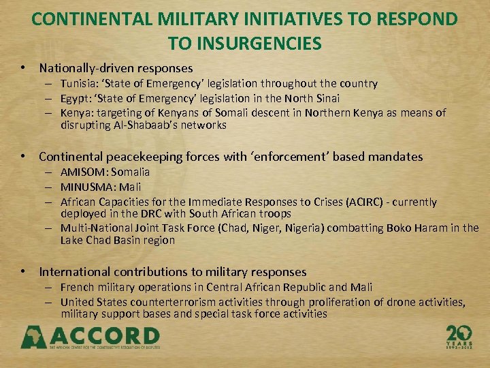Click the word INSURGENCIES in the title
click(245, 44)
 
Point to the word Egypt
click(75, 98)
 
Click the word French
click(78, 287)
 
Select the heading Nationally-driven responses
click(116, 68)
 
